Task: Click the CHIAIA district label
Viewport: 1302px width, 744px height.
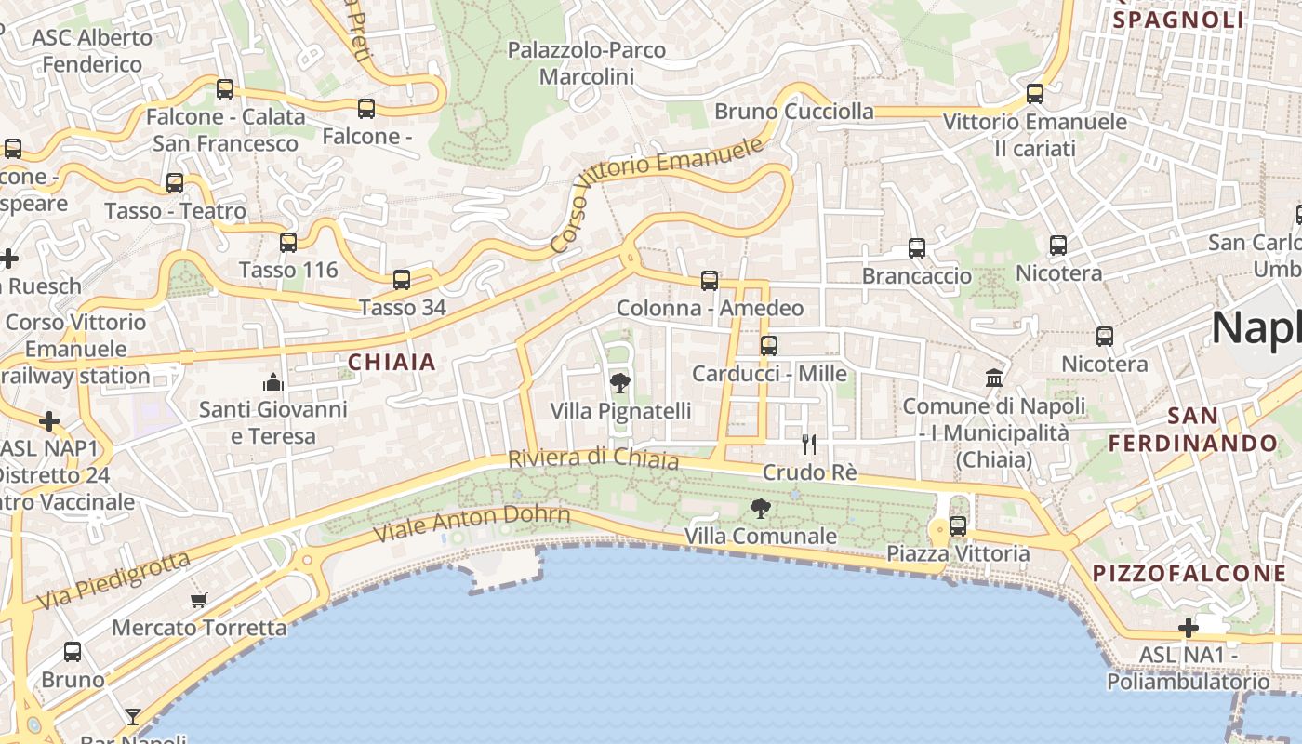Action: pyautogui.click(x=392, y=362)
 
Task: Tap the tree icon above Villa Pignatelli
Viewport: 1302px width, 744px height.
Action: pyautogui.click(x=619, y=382)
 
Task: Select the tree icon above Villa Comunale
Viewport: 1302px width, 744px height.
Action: pyautogui.click(x=761, y=508)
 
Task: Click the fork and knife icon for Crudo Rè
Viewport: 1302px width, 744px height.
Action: pyautogui.click(x=809, y=445)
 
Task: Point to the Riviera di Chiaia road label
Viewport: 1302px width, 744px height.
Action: pyautogui.click(x=593, y=458)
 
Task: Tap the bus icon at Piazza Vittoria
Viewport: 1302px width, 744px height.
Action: pyautogui.click(x=958, y=526)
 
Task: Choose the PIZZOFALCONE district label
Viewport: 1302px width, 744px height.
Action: pyautogui.click(x=1189, y=573)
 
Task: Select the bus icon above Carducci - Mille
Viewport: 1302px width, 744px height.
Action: pyautogui.click(x=769, y=346)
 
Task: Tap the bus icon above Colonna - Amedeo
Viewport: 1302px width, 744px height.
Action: pyautogui.click(x=710, y=280)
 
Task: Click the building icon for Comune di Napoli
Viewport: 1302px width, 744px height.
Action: pyautogui.click(x=994, y=379)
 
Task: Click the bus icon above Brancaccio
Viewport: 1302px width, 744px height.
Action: pyautogui.click(x=917, y=248)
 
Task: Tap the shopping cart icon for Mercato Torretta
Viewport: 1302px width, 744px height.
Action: pyautogui.click(x=198, y=600)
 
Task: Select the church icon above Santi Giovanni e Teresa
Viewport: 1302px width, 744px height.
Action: pyautogui.click(x=272, y=381)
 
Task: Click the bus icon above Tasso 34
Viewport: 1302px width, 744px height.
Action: pyautogui.click(x=402, y=279)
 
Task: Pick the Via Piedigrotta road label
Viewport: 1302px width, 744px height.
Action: pyautogui.click(x=114, y=580)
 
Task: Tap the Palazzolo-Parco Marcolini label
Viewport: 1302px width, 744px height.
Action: pyautogui.click(x=587, y=63)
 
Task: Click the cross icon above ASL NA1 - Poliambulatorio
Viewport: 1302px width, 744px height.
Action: pyautogui.click(x=1189, y=628)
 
